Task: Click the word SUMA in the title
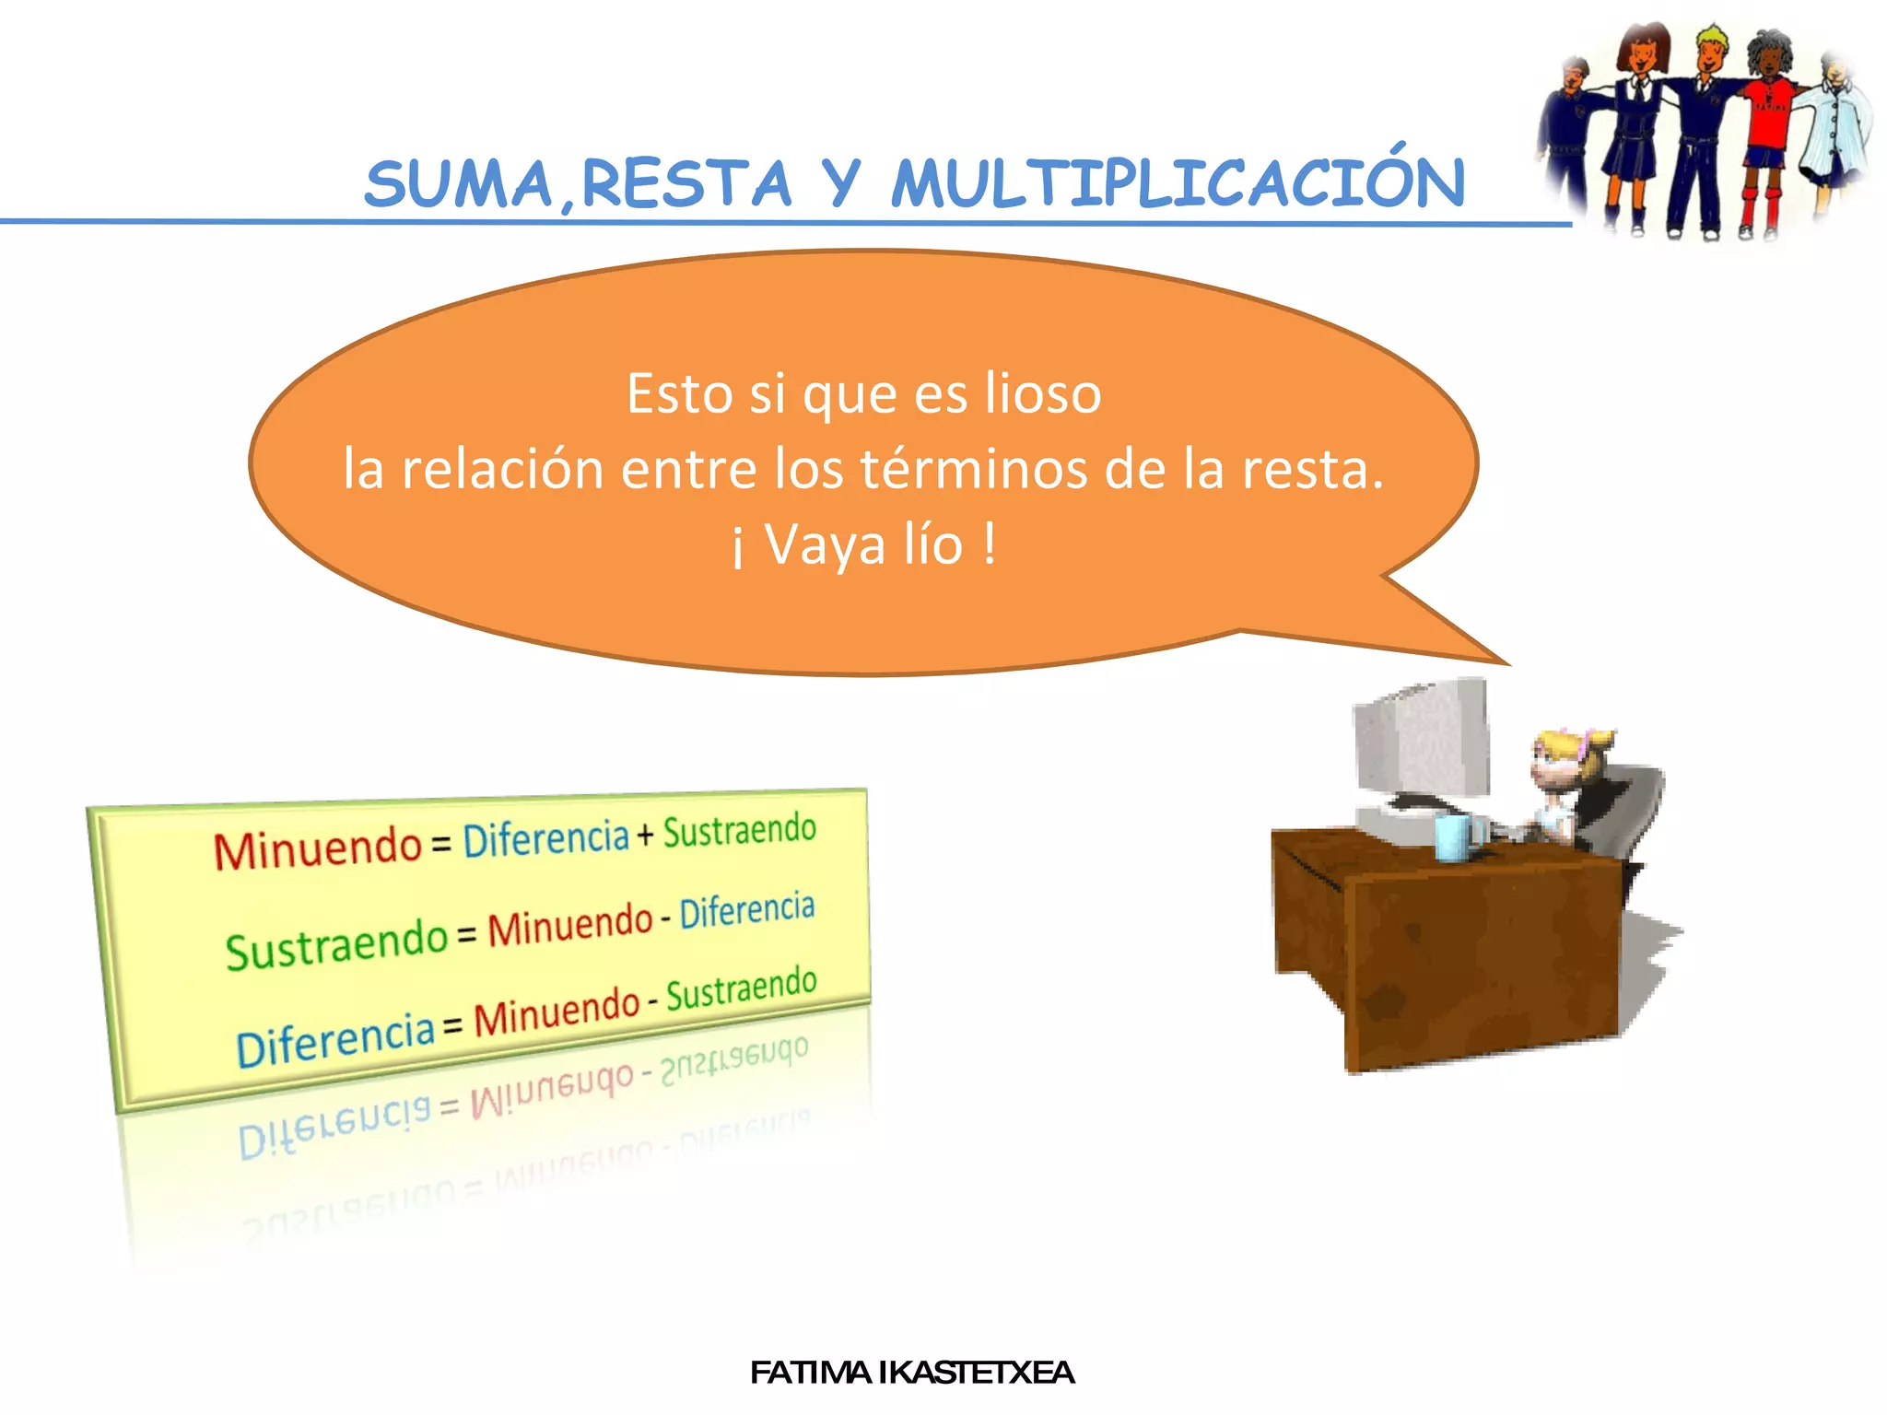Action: click(458, 184)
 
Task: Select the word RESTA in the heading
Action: click(686, 184)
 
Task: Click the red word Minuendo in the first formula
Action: click(317, 848)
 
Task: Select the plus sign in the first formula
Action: click(645, 835)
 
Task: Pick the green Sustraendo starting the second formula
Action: click(336, 944)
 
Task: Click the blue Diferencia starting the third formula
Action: click(334, 1041)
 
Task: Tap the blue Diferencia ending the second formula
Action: click(747, 911)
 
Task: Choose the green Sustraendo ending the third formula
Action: click(741, 988)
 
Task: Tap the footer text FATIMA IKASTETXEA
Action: click(911, 1373)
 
